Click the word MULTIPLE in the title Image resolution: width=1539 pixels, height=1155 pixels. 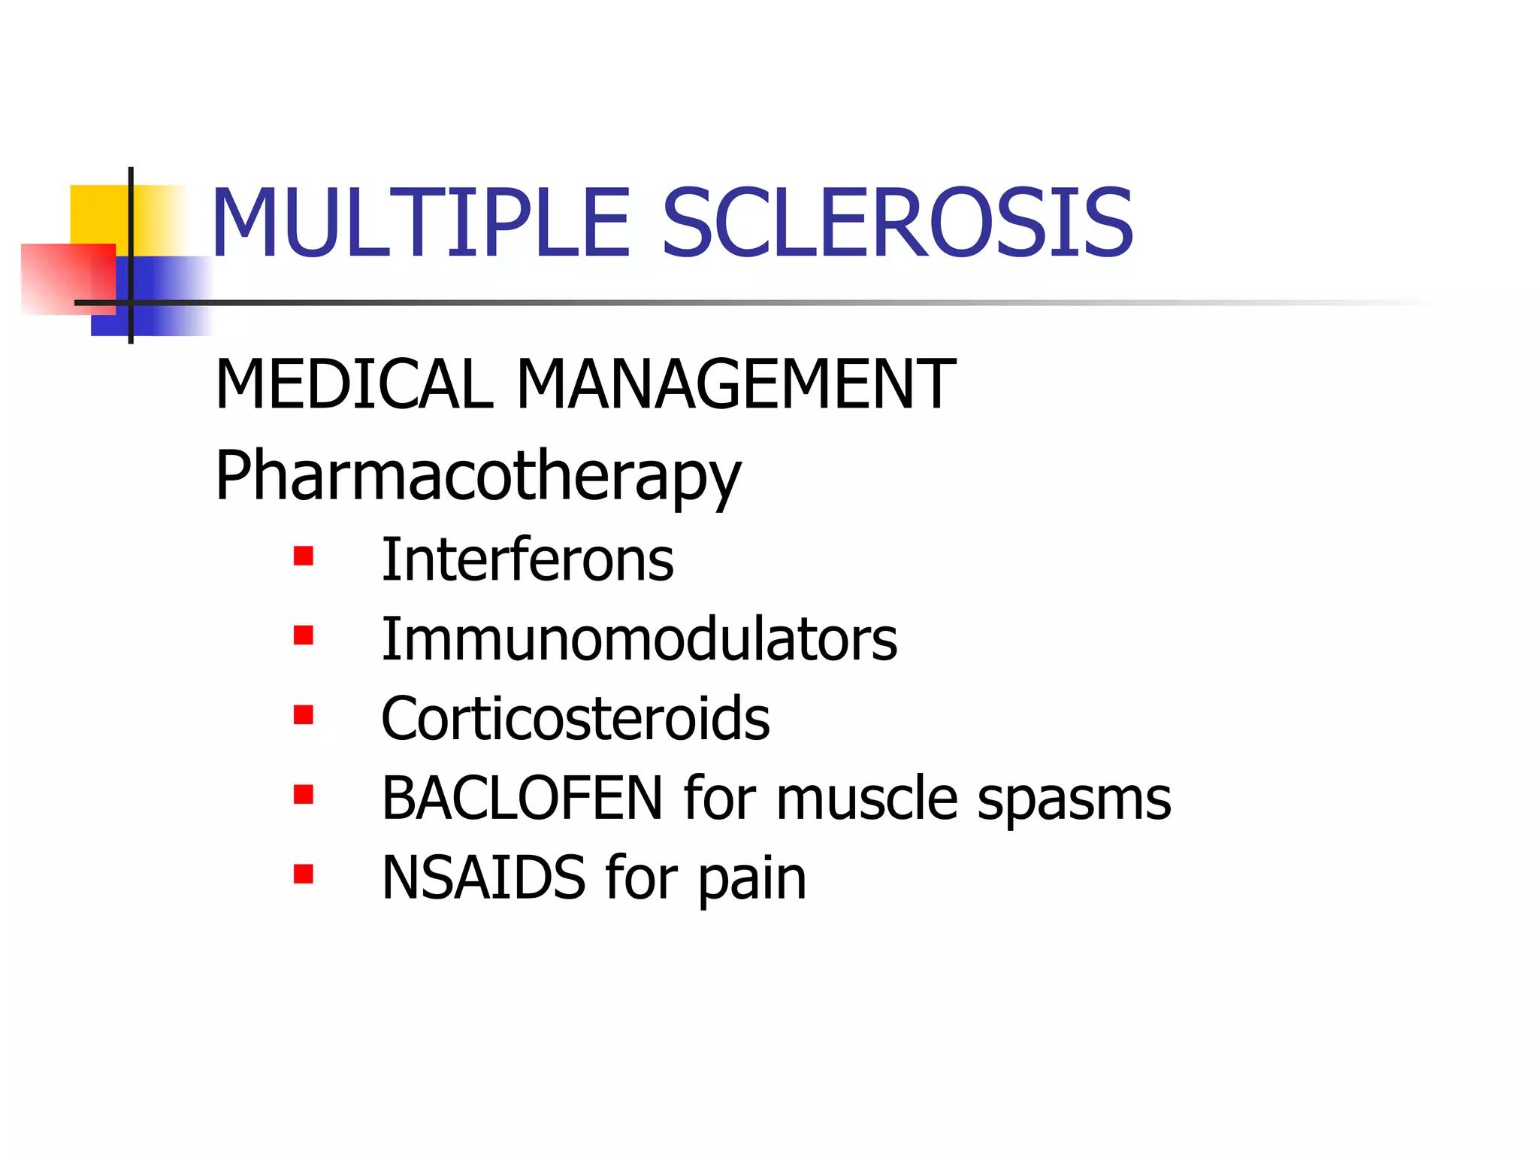point(421,223)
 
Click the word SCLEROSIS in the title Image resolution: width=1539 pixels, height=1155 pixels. point(897,223)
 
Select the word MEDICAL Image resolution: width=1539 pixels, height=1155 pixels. point(354,384)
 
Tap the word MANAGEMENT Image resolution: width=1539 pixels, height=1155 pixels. point(736,384)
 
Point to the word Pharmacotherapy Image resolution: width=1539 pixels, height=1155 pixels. point(478,475)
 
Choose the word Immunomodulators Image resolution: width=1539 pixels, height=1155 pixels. point(639,640)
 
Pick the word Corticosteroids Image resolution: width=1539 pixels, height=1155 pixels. point(576,719)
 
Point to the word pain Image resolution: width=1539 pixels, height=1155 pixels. point(752,880)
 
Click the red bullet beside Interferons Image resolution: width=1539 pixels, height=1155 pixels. point(304,556)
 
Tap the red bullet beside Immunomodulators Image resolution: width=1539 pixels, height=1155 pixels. point(304,636)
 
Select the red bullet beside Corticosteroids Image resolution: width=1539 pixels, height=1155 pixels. point(304,715)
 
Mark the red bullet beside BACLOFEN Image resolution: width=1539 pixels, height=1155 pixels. point(304,795)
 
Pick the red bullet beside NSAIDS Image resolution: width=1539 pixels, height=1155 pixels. point(304,874)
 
